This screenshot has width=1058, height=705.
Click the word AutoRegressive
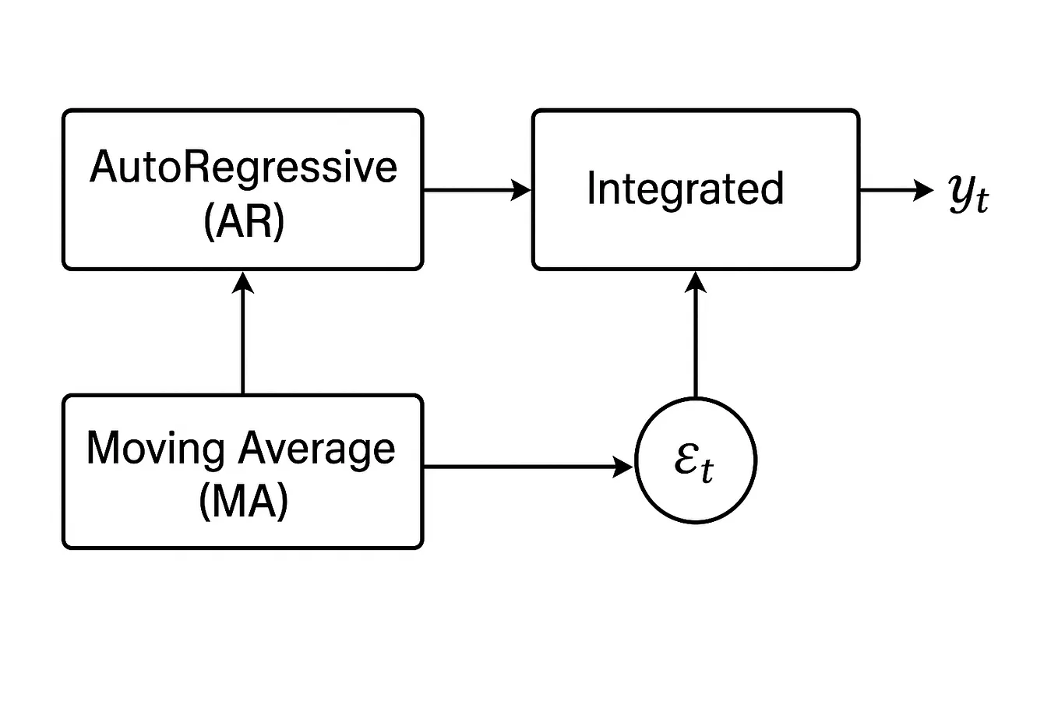pyautogui.click(x=243, y=167)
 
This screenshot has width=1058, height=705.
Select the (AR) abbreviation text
pyautogui.click(x=243, y=222)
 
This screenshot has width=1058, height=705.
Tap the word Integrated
pyautogui.click(x=685, y=189)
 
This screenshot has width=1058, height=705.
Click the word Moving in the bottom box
pyautogui.click(x=155, y=449)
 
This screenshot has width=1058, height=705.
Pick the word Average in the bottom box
pyautogui.click(x=316, y=450)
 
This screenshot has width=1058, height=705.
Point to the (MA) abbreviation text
pyautogui.click(x=243, y=501)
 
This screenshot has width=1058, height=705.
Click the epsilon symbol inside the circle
pyautogui.click(x=687, y=460)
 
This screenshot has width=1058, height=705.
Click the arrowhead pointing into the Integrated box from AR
pyautogui.click(x=521, y=189)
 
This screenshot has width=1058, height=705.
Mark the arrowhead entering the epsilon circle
pyautogui.click(x=624, y=467)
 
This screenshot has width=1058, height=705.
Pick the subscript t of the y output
pyautogui.click(x=982, y=201)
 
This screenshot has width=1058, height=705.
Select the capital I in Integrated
pyautogui.click(x=591, y=189)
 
